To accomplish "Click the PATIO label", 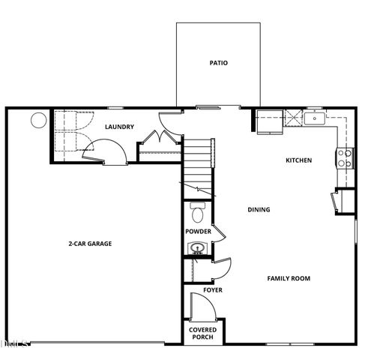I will click(218, 63).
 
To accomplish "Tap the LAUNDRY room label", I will click(120, 127).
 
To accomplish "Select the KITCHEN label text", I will click(298, 160).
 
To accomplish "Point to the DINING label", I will click(259, 209).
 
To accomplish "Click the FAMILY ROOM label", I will click(289, 278).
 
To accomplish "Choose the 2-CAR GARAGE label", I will click(90, 243).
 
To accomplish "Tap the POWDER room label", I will click(198, 232).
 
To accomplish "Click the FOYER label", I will click(212, 289).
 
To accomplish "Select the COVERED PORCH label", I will click(202, 333).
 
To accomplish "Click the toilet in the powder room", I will click(198, 213).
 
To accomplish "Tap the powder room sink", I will click(198, 248).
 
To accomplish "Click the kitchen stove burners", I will click(346, 158).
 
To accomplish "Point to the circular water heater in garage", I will click(37, 120).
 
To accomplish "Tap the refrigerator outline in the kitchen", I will click(268, 121).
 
